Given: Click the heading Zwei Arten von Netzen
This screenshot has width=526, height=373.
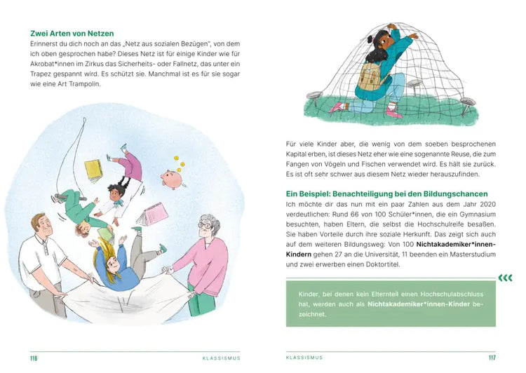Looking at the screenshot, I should (72, 33).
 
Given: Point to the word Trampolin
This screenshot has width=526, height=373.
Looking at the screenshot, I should (102, 84).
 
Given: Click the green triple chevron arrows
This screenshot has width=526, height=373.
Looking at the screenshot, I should (504, 278).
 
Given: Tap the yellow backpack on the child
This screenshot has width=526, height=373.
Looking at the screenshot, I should (369, 78).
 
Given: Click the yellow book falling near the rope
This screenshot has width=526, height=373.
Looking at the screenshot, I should (93, 169).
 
